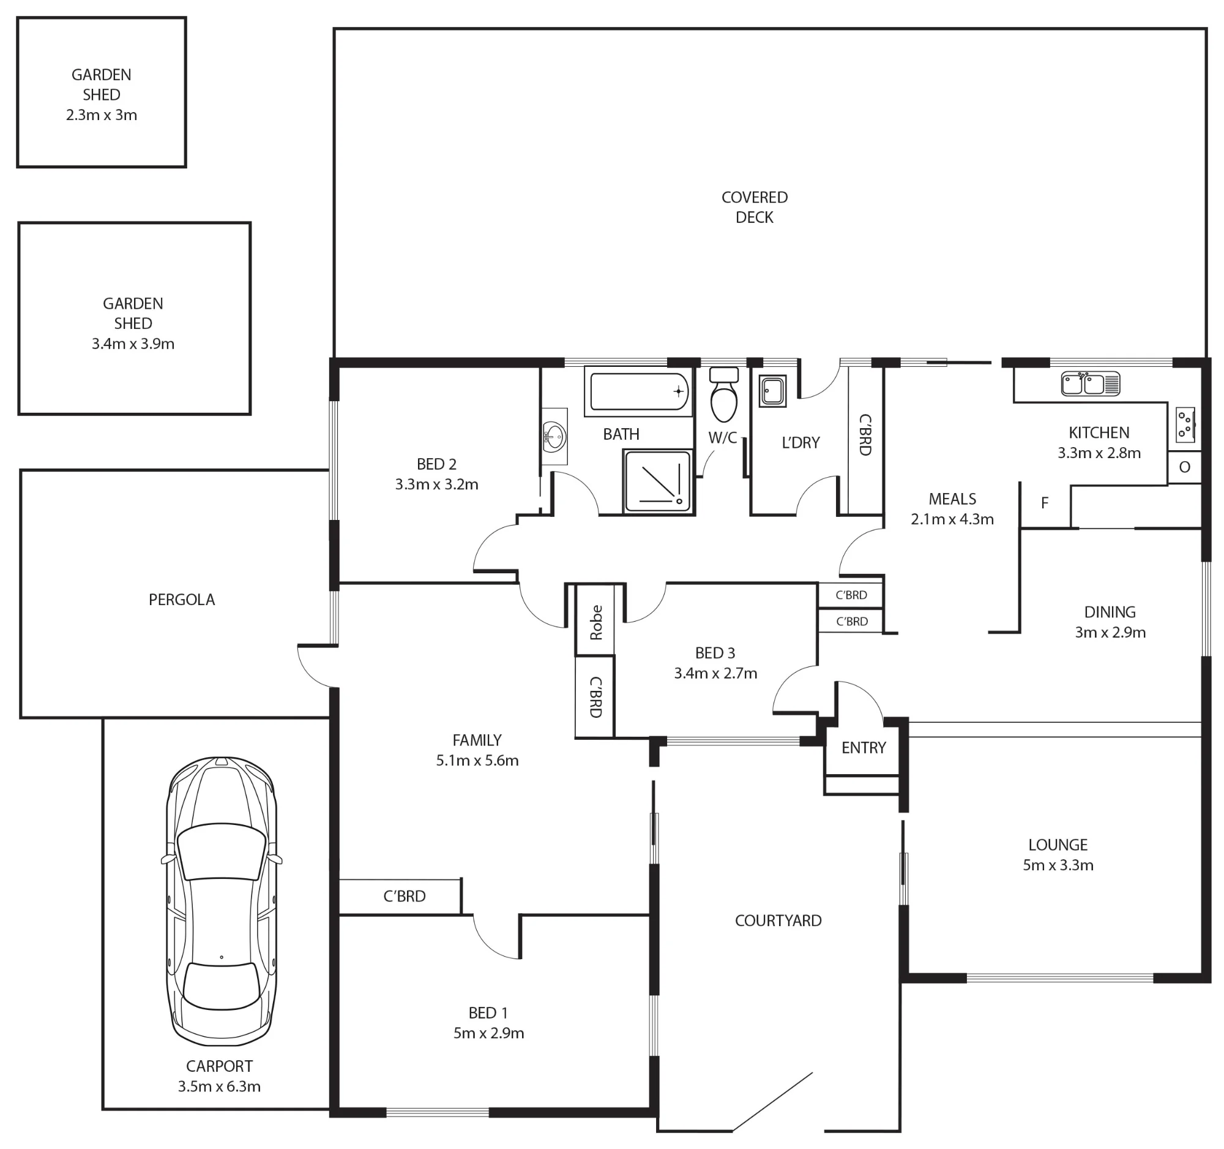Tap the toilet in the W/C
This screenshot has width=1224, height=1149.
(x=723, y=394)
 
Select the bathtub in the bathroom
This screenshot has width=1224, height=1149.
(x=638, y=391)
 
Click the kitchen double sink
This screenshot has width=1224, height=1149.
(x=1091, y=384)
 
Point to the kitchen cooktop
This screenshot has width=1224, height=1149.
(x=1185, y=424)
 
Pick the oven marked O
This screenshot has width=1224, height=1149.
(x=1185, y=467)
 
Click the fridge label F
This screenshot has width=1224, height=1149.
(x=1045, y=503)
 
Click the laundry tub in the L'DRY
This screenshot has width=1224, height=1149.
(x=773, y=391)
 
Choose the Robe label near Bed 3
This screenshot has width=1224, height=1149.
(x=596, y=623)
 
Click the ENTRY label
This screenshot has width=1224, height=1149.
(x=864, y=747)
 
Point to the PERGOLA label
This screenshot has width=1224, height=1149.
(x=182, y=600)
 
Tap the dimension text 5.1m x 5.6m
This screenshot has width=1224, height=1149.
(x=477, y=760)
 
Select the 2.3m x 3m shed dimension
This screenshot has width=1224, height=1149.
(x=102, y=115)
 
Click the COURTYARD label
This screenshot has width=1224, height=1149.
(x=778, y=921)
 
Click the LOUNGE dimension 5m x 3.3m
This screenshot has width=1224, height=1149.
(x=1058, y=865)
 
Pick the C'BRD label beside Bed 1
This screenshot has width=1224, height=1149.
(x=405, y=896)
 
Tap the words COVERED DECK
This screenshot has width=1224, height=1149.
(x=755, y=207)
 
